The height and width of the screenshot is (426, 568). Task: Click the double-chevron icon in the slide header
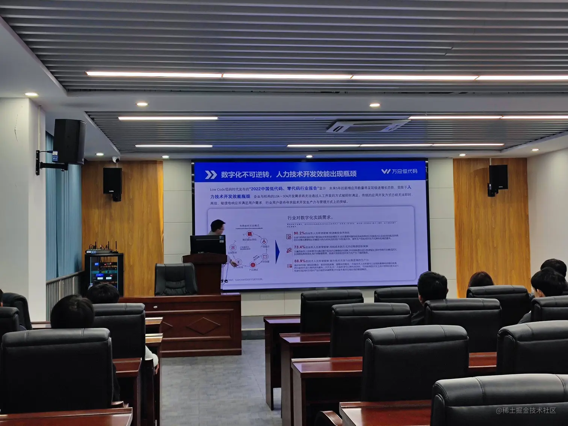pos(211,175)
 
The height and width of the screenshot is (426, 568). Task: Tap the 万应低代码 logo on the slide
pos(399,171)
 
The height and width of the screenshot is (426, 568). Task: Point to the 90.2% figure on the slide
pos(299,233)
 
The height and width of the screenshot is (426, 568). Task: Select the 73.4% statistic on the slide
pos(299,247)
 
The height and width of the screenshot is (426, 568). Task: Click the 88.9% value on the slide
pos(299,261)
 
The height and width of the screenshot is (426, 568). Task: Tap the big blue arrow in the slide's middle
pos(278,252)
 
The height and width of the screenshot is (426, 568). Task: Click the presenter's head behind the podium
pos(218,227)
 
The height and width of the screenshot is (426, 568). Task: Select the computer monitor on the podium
pos(208,245)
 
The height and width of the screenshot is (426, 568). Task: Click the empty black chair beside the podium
pos(175,279)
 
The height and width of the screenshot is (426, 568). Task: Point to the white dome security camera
pos(116,160)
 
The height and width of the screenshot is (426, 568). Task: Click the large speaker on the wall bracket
pos(69,142)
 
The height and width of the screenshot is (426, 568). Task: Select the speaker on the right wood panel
pos(498,177)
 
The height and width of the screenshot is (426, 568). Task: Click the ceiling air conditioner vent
pos(366,126)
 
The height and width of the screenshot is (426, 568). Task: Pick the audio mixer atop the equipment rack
pos(101,251)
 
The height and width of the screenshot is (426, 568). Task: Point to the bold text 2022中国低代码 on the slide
pos(267,189)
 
